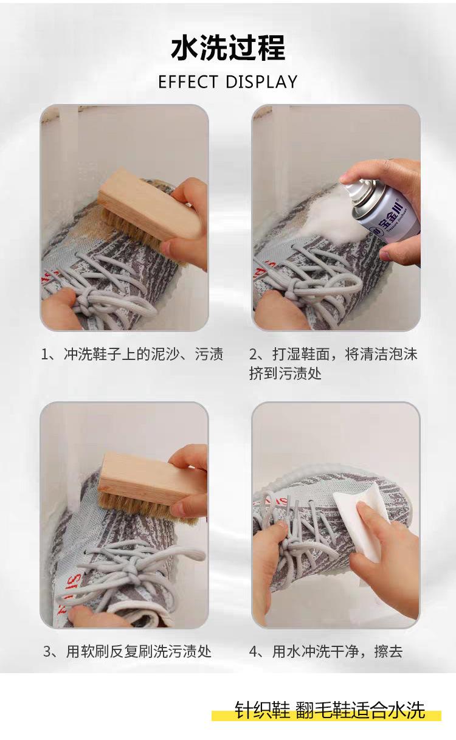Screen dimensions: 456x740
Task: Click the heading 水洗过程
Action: tap(228, 48)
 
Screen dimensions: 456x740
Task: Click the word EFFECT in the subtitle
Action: tap(188, 82)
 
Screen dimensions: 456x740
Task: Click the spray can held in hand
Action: tap(383, 208)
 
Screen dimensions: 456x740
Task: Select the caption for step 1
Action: tap(132, 354)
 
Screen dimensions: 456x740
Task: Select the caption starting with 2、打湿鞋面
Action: tap(333, 364)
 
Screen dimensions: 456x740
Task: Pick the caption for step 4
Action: tap(326, 652)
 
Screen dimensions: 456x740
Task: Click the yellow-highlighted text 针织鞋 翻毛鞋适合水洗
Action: tap(330, 710)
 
